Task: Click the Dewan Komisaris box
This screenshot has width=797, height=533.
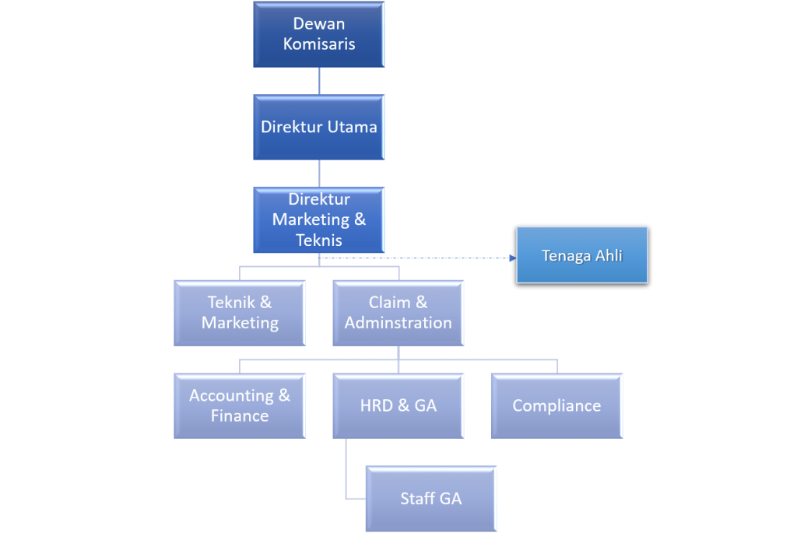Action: [319, 34]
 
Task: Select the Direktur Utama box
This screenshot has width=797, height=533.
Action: [319, 127]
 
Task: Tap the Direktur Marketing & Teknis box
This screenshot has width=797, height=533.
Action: [319, 219]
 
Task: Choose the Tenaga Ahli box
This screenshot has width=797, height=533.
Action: [582, 254]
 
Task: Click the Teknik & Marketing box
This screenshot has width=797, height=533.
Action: [240, 313]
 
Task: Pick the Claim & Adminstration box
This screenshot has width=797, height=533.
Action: [398, 313]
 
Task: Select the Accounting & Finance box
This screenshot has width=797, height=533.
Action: [240, 405]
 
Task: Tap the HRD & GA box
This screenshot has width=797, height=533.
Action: [398, 405]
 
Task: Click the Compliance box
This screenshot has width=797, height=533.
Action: [556, 405]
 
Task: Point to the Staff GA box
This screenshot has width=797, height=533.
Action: [431, 499]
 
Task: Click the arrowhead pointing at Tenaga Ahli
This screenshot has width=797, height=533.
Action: [511, 258]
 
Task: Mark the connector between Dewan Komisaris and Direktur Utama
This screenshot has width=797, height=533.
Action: [319, 81]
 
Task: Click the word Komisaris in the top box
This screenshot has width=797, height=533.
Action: [319, 44]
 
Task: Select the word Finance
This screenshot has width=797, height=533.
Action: [240, 416]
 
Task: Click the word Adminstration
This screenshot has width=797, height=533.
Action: [398, 323]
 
